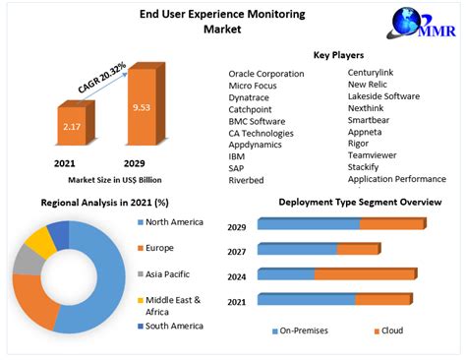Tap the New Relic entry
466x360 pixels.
[x=371, y=86]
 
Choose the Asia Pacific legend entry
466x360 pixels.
[x=167, y=273]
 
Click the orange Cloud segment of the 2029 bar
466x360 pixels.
[x=391, y=224]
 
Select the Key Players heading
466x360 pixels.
[x=339, y=55]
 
